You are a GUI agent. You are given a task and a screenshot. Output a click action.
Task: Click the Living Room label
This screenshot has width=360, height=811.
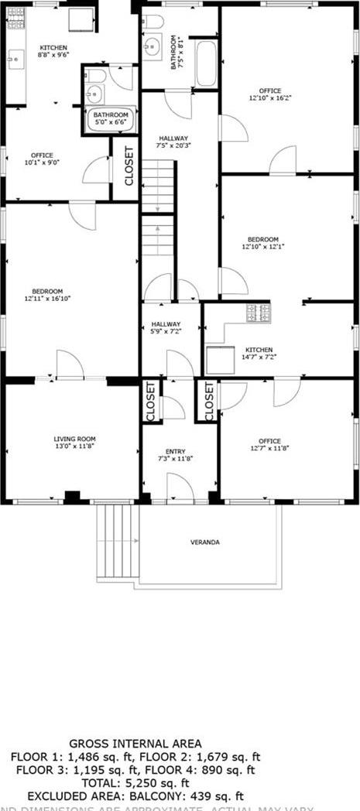pyautogui.click(x=74, y=442)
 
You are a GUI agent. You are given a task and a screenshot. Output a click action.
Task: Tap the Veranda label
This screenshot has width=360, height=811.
pyautogui.click(x=205, y=542)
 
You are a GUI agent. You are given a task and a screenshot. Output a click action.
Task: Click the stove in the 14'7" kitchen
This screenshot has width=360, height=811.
pyautogui.click(x=258, y=313)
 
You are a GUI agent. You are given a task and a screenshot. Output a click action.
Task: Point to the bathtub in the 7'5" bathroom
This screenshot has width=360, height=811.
pyautogui.click(x=206, y=63)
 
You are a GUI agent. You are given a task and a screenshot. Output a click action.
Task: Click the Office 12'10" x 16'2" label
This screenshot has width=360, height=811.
pyautogui.click(x=266, y=94)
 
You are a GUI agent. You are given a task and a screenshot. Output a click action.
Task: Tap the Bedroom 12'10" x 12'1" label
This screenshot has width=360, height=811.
pyautogui.click(x=263, y=243)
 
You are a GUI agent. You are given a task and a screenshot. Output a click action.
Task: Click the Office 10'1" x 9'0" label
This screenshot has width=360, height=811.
pyautogui.click(x=42, y=159)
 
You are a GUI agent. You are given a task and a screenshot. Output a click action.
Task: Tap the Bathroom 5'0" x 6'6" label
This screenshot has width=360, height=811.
pyautogui.click(x=111, y=119)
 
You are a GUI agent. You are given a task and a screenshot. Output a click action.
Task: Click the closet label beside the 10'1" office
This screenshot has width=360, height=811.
pyautogui.click(x=129, y=166)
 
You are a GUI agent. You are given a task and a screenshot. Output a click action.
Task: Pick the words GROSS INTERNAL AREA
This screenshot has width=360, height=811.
pyautogui.click(x=135, y=744)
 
